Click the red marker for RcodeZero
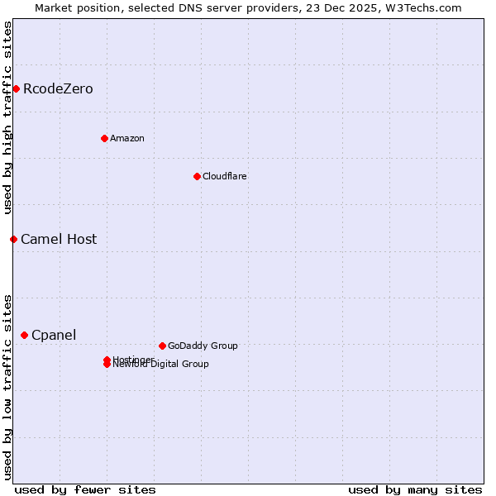tap(16, 88)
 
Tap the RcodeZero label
tap(58, 89)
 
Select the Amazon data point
tap(104, 138)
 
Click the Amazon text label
tap(126, 139)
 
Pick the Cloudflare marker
tap(197, 176)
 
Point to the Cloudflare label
tap(224, 177)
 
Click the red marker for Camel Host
tap(13, 239)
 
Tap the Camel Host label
tap(59, 240)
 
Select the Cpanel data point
tap(24, 335)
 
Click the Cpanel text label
tap(54, 336)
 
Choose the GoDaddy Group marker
tap(162, 346)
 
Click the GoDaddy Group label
tap(203, 346)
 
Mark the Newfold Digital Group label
tap(161, 365)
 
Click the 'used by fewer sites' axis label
tap(85, 490)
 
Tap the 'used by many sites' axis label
tap(415, 490)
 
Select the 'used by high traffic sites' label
tap(8, 117)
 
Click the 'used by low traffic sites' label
tap(8, 386)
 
